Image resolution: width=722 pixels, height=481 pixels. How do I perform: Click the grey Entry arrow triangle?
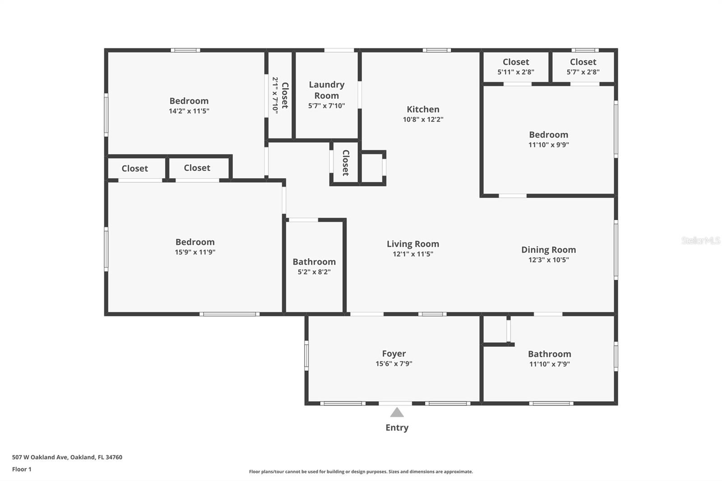[397, 412]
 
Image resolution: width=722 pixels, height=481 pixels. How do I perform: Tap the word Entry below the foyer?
[397, 428]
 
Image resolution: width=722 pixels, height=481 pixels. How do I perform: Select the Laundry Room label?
[326, 90]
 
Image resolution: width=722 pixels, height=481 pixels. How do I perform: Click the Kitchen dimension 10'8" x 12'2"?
[423, 120]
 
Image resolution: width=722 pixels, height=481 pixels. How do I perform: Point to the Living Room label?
[412, 244]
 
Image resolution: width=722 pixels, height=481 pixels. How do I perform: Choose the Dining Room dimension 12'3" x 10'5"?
[548, 260]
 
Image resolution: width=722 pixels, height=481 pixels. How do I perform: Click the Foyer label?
[393, 354]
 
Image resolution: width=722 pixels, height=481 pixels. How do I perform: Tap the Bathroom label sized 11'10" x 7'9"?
[549, 354]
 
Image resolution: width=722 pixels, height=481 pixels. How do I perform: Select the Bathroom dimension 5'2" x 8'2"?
[314, 272]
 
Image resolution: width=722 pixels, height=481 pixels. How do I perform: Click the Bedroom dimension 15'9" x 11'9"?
[195, 252]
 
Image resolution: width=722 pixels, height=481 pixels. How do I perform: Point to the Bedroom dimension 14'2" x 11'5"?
[189, 111]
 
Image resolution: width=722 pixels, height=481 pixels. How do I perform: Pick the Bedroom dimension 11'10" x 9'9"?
[548, 145]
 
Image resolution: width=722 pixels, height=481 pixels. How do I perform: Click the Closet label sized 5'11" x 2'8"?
[516, 62]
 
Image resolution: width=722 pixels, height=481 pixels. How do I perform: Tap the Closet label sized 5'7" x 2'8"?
[583, 62]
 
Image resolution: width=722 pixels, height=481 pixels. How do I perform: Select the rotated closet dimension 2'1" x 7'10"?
[275, 95]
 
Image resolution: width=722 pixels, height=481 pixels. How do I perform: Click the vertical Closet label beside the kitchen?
[346, 163]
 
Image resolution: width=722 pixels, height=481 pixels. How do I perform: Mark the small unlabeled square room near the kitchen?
[372, 167]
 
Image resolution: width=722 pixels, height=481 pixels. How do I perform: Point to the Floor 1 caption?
[22, 469]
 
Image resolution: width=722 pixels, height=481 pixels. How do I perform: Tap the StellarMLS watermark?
[700, 240]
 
